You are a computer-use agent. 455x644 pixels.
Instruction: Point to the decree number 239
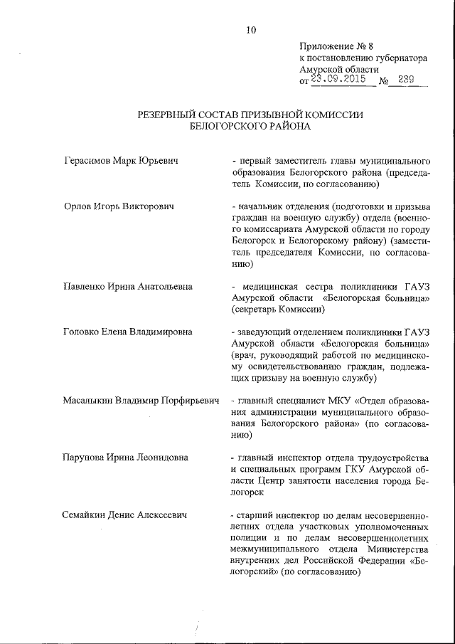coord(407,80)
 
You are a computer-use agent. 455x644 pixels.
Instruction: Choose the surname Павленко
coord(87,287)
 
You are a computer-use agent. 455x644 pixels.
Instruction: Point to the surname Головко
coord(84,332)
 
